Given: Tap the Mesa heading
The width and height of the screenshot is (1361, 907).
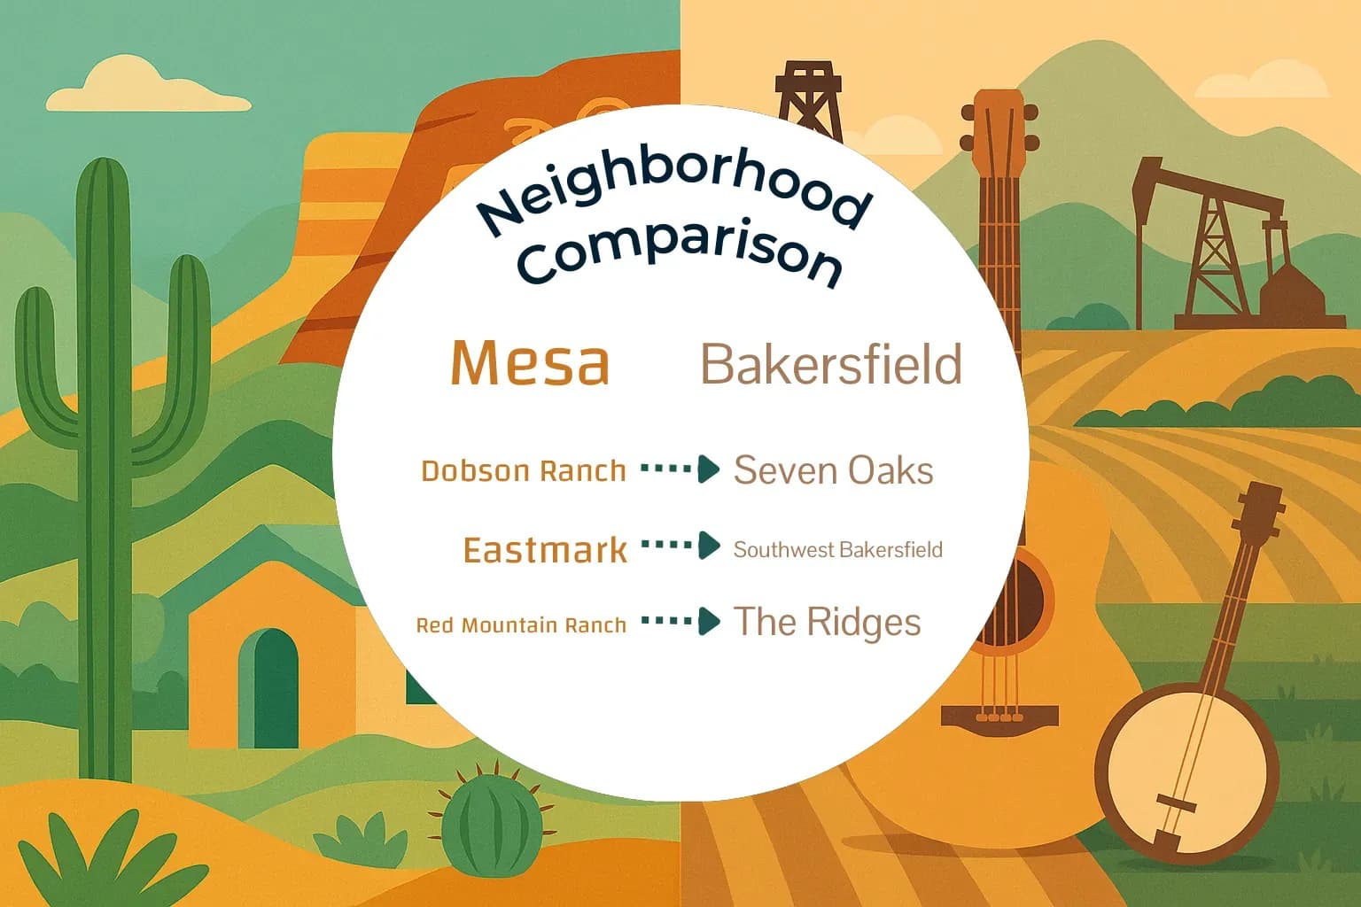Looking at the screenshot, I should [x=530, y=363].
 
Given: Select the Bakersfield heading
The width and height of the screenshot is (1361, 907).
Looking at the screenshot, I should [x=831, y=364].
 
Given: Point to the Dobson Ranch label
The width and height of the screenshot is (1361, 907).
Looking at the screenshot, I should [x=523, y=470].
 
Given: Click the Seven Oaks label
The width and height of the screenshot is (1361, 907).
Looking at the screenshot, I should [x=833, y=470].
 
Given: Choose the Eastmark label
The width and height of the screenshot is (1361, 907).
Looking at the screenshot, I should [x=545, y=550].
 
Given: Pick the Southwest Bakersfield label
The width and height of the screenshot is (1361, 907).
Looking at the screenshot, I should [x=837, y=550].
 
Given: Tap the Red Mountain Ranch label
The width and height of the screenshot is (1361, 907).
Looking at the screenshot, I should [x=521, y=625].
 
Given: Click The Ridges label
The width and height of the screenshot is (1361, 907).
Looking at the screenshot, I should [x=827, y=622].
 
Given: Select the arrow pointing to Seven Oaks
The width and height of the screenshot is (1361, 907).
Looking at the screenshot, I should [x=680, y=469].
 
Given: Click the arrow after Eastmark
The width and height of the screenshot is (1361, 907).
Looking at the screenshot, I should [x=680, y=546].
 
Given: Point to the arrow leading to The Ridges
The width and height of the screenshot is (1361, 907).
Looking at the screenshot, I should [x=680, y=622].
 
